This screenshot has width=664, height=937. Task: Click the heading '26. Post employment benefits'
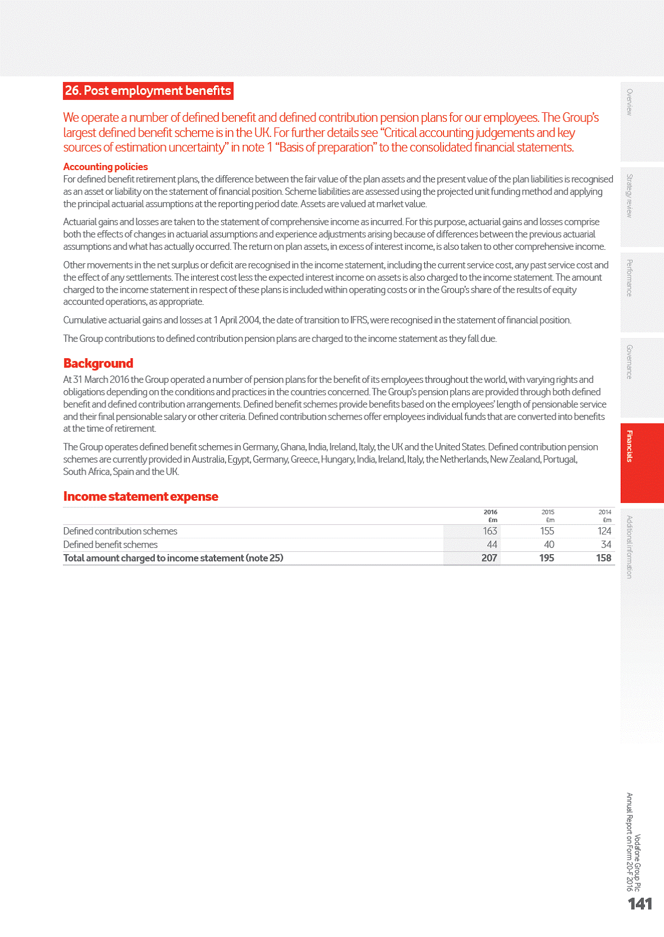point(148,91)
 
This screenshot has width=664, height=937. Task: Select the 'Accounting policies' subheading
point(106,167)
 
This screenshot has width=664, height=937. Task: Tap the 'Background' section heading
point(98,363)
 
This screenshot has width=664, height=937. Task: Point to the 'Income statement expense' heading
point(140,496)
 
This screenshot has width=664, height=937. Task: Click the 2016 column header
point(490,512)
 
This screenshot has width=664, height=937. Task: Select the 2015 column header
point(547,512)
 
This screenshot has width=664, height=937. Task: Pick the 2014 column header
point(605,512)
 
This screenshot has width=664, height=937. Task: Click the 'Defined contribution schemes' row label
point(120,531)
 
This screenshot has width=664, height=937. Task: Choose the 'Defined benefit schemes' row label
point(111,545)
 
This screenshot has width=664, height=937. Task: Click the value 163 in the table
point(489,531)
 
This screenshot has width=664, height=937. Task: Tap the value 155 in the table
point(547,531)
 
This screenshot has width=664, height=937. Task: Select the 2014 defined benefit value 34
point(606,545)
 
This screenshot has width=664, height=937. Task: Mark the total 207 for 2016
point(489,558)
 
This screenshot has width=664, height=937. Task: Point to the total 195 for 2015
point(546,558)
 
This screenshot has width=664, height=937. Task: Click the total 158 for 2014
point(603,558)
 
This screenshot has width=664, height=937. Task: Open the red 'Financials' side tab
point(642,463)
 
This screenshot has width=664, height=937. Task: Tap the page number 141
point(639,904)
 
